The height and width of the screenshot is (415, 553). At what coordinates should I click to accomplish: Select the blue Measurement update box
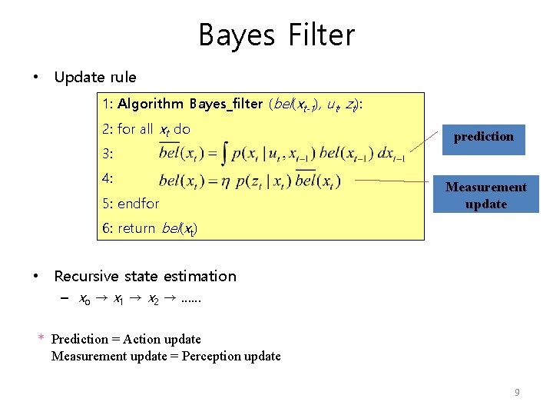[x=485, y=195]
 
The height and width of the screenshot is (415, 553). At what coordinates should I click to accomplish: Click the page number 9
[x=517, y=393]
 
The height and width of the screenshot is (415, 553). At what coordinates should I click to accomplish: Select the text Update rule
[x=95, y=77]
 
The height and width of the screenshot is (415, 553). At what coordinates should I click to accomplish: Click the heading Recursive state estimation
[x=145, y=276]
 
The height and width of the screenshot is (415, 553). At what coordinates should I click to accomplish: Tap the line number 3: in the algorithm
[x=108, y=154]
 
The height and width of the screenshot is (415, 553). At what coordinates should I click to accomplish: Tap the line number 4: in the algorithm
[x=108, y=178]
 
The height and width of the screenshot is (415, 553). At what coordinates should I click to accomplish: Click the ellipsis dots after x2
[x=188, y=298]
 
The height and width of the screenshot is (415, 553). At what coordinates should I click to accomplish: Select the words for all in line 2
[x=136, y=129]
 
